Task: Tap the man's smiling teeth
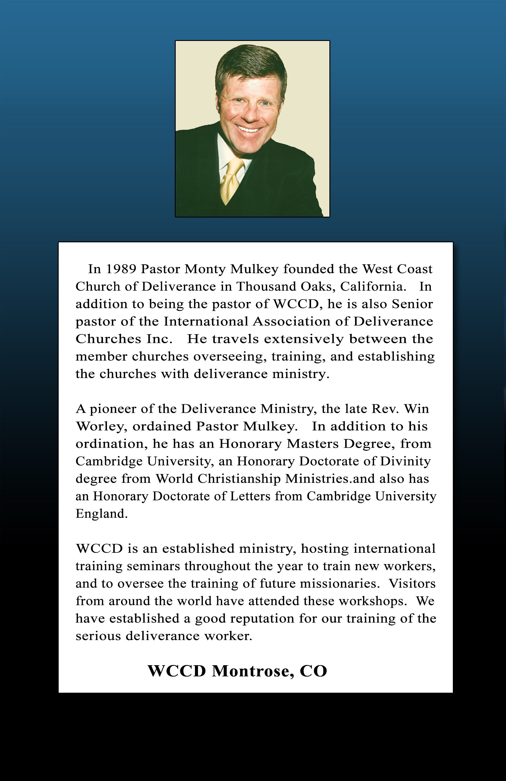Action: tap(249, 129)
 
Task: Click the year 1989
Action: tap(121, 269)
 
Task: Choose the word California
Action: tap(372, 287)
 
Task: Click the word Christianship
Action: tap(239, 479)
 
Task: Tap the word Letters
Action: tap(250, 496)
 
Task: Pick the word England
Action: tap(101, 514)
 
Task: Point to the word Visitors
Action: tap(412, 583)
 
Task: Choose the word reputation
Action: tap(262, 618)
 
